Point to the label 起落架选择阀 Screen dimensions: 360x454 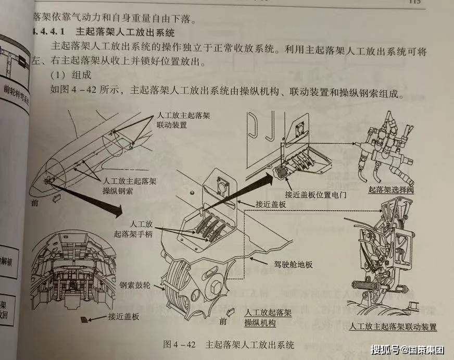point(390,191)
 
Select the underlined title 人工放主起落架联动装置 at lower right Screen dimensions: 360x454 point(393,327)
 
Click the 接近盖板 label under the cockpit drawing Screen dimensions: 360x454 point(123,316)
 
